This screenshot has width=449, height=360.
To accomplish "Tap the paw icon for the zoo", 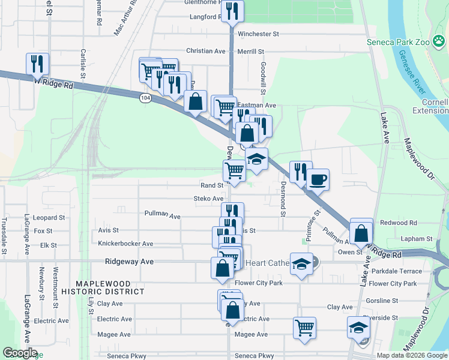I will click(x=439, y=41).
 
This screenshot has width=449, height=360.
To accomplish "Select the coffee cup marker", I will click(x=318, y=179).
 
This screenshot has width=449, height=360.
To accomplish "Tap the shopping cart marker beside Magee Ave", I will click(x=305, y=328).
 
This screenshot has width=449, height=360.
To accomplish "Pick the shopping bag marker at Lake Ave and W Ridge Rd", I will click(x=361, y=232).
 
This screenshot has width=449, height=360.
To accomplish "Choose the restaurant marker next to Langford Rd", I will click(x=232, y=10).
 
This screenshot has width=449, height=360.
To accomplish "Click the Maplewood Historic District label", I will click(x=110, y=287).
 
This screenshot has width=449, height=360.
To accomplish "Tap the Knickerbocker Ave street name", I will click(x=125, y=244).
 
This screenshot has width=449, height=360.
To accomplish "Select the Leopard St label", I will click(x=49, y=218).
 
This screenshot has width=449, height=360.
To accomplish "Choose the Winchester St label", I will click(x=259, y=34).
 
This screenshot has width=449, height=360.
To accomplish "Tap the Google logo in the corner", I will click(x=20, y=353).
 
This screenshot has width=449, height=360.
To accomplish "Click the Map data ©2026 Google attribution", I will click(x=411, y=355).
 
